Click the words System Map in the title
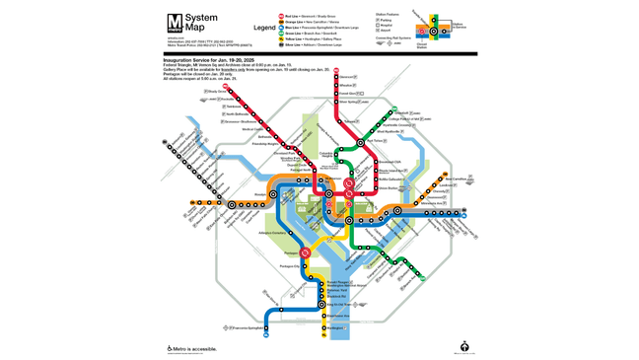(x=201, y=23)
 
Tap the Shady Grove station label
(x=217, y=92)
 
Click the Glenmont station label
(x=346, y=77)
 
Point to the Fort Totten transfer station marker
(x=362, y=142)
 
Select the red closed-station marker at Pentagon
(x=306, y=252)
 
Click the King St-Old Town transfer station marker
(x=322, y=305)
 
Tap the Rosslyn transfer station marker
(x=274, y=194)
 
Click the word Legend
(x=264, y=28)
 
